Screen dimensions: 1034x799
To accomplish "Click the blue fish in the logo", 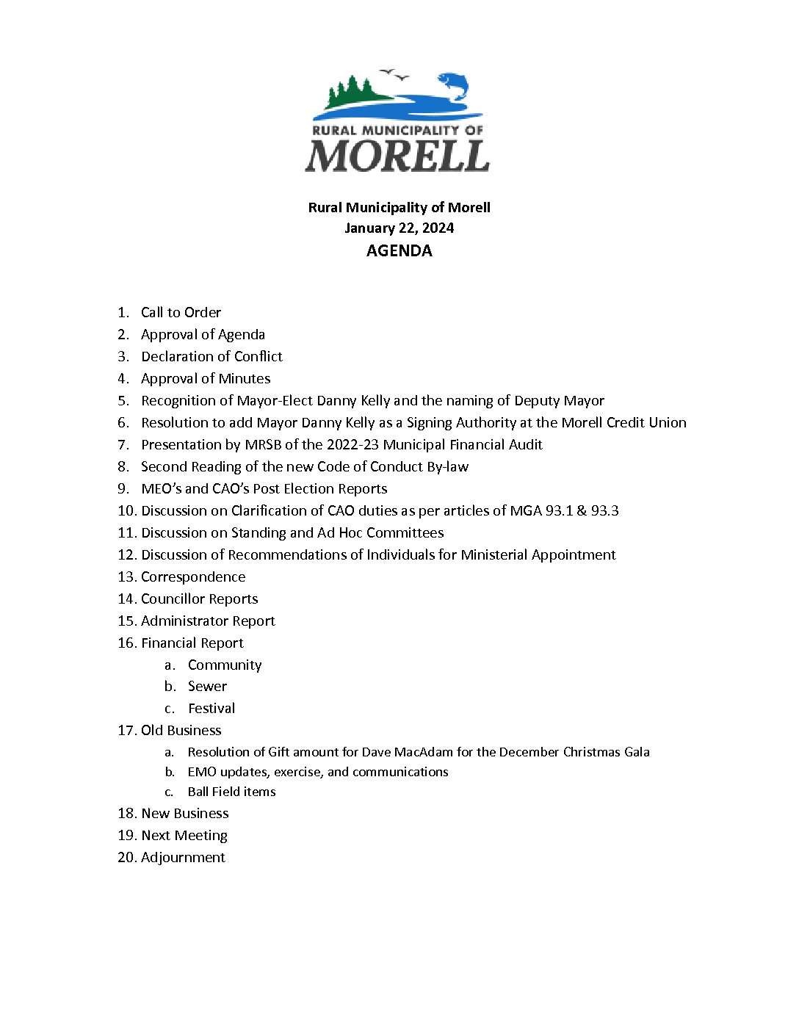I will click(453, 84).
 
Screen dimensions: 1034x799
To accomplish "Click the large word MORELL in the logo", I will click(397, 156).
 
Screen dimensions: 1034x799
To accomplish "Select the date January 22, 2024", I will click(399, 228).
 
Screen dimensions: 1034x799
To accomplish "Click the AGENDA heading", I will click(399, 250).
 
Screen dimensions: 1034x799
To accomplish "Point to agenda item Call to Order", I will click(181, 312).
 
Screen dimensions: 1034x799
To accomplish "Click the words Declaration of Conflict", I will click(211, 356).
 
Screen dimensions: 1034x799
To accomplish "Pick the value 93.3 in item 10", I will click(604, 510).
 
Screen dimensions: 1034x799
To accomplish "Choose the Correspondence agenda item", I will click(193, 576).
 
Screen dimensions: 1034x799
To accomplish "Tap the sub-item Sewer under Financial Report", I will click(207, 686).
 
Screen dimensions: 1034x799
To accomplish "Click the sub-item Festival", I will click(211, 708).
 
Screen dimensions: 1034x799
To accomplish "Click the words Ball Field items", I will click(231, 792).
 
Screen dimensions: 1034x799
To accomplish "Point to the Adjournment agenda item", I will click(183, 857).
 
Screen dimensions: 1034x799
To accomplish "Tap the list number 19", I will click(126, 835).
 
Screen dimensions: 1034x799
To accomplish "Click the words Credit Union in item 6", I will click(646, 422).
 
